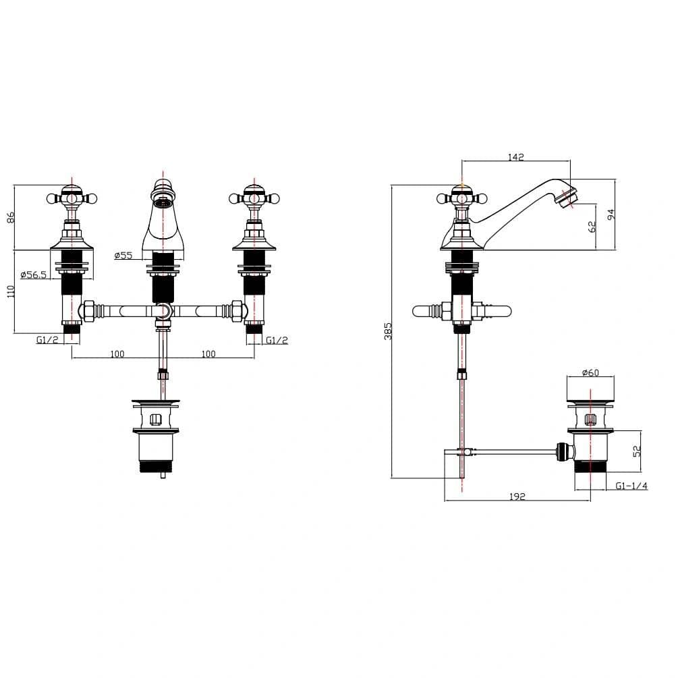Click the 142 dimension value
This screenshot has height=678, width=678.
pos(515,157)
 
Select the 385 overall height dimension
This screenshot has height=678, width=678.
pos(388,330)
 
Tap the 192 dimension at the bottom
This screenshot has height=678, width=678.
pos(517,497)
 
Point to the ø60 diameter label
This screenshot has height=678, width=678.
pos(590,373)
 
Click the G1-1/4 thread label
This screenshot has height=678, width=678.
pos(631,486)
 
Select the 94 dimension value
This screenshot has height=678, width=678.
pos(611,215)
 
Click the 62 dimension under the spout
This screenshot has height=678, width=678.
pos(592,227)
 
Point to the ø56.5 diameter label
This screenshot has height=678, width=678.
pos(33,275)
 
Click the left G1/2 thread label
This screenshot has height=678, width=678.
pos(47,340)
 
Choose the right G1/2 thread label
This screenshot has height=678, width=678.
pos(277,340)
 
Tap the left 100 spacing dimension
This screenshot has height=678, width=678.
pos(117,354)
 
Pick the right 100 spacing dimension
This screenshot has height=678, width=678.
pos(208,354)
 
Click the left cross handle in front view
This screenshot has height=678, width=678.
pos(72,198)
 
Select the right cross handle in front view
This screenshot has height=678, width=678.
pos(252,198)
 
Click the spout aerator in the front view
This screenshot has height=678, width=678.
pos(162,202)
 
